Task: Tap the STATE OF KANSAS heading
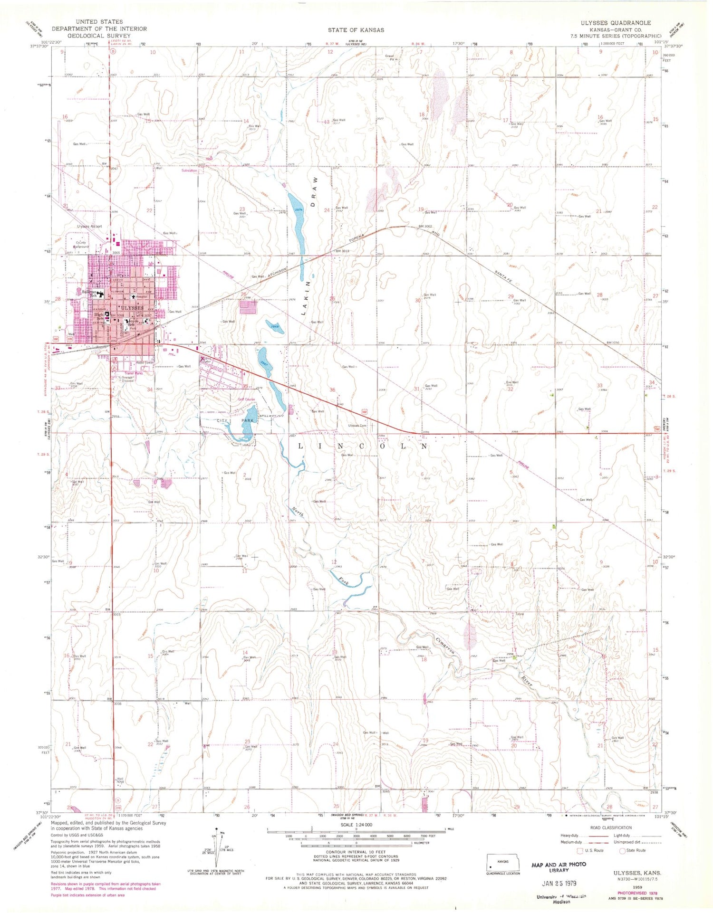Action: click(356, 30)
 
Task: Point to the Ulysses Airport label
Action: click(89, 227)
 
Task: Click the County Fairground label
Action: click(81, 245)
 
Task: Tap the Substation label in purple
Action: click(188, 171)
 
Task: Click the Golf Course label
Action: click(246, 399)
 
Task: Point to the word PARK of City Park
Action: click(248, 421)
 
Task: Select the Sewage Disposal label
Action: click(127, 379)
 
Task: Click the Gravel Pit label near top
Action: click(390, 57)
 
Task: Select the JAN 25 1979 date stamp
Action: click(559, 883)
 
